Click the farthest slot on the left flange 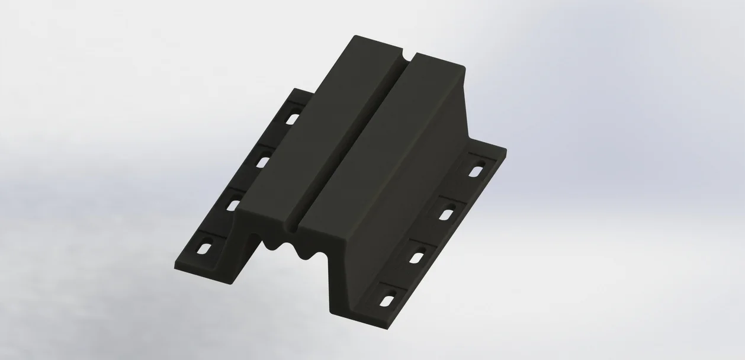pyautogui.click(x=291, y=119)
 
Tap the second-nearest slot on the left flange pyautogui.click(x=235, y=204)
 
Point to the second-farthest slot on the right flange pyautogui.click(x=448, y=211)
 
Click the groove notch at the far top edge pyautogui.click(x=406, y=58)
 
